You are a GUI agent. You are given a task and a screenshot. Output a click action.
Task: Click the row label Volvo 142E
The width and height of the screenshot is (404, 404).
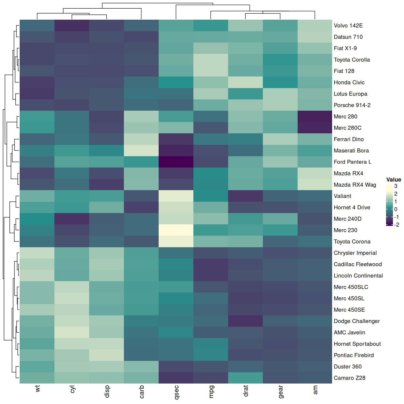point(348,26)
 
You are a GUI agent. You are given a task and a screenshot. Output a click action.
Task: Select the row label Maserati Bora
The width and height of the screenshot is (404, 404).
point(351,151)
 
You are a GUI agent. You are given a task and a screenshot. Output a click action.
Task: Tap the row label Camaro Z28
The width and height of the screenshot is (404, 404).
point(349,378)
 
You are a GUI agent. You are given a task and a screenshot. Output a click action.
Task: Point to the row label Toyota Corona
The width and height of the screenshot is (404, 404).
point(352,242)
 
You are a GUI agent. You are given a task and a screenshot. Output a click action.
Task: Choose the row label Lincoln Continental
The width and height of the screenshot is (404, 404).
point(358,276)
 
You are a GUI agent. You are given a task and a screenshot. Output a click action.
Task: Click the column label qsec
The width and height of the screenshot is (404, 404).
point(176,392)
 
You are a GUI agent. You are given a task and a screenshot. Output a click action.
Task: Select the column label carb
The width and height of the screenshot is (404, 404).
point(142,392)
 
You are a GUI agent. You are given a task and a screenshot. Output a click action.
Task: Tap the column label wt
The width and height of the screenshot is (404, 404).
point(37,388)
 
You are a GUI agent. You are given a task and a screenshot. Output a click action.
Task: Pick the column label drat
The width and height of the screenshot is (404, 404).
point(246,391)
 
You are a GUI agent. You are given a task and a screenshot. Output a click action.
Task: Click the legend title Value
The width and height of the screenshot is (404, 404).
point(393,180)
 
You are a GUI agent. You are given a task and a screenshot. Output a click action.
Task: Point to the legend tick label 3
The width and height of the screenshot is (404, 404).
point(396,186)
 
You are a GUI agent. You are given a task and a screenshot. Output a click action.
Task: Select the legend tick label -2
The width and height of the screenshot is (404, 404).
point(396,225)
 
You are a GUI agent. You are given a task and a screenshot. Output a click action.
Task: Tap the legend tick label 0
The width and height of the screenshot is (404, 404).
point(396,209)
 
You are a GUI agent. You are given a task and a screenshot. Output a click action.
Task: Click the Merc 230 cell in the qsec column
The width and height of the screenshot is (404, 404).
point(176,230)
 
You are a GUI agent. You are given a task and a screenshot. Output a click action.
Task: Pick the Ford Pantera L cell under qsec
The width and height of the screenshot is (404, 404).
point(176,162)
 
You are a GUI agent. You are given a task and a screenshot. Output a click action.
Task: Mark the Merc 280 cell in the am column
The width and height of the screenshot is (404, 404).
point(315,117)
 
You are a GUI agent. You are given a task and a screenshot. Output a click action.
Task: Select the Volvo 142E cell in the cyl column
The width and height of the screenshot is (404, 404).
point(72,26)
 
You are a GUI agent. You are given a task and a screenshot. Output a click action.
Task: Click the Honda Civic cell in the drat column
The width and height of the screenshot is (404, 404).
point(246,82)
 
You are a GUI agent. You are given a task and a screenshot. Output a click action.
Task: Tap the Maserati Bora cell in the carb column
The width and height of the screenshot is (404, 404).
point(141,151)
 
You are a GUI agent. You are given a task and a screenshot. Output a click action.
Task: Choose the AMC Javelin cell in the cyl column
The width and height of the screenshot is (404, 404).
point(72,332)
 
